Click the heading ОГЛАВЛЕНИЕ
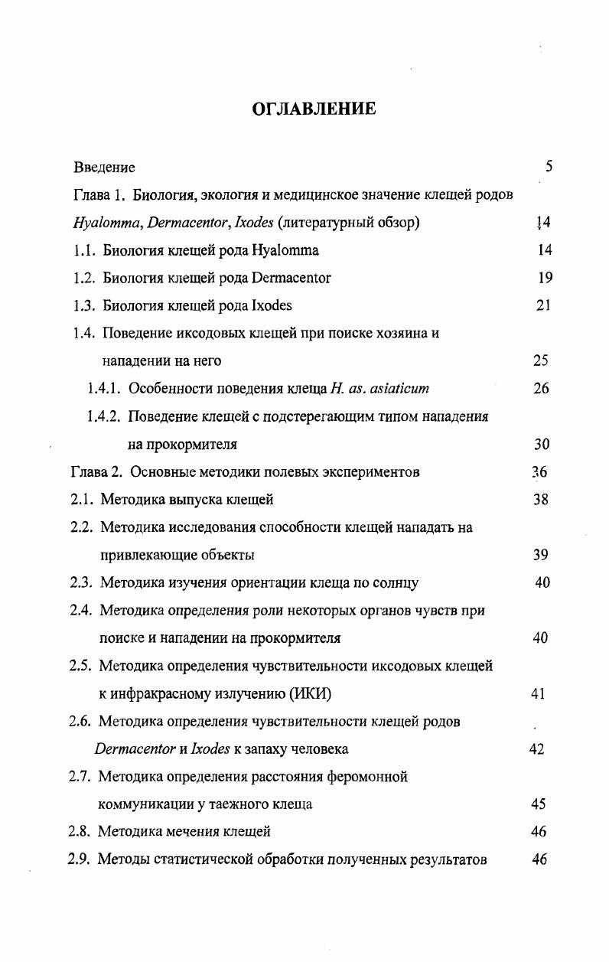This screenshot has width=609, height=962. coord(314,109)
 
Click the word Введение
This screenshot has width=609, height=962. coord(104,167)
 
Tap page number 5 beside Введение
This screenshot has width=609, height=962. coord(549,167)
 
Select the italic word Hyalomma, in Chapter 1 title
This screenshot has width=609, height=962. coord(105,223)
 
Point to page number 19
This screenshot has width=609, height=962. coord(545,278)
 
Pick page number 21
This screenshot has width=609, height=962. coord(544,305)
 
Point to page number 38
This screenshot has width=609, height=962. coord(541,500)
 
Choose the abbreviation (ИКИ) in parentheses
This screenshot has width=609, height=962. coord(311,693)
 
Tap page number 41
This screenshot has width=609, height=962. coord(538,693)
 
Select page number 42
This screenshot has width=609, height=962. coord(536,748)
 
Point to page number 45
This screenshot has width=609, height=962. coord(538,804)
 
